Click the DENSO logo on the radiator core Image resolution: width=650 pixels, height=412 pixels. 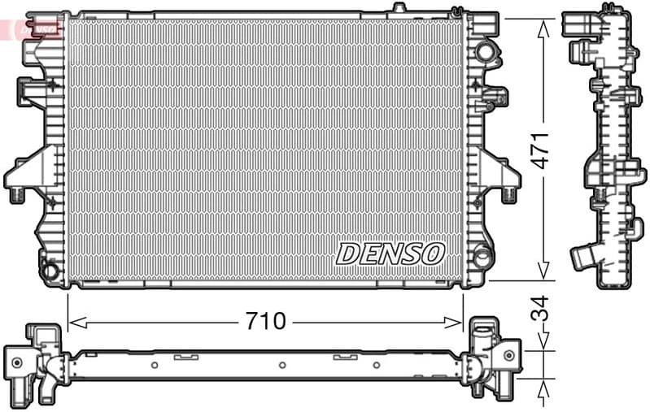click(390, 253)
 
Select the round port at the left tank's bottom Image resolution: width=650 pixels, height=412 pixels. click(50, 269)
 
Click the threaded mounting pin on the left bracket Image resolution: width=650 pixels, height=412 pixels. click(15, 193)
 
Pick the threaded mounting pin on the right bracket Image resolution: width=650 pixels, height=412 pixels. click(509, 193)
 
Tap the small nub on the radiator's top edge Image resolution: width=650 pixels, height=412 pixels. click(398, 8)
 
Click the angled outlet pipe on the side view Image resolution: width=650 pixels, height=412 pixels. click(584, 257)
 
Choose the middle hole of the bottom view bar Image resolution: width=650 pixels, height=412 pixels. click(280, 365)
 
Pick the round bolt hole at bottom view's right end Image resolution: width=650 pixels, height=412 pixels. click(508, 355)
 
